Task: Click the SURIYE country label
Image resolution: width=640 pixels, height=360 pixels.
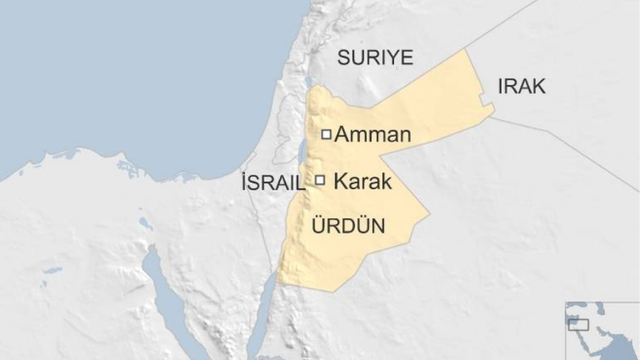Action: point(375,58)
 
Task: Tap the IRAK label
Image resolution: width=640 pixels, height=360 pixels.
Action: point(521,86)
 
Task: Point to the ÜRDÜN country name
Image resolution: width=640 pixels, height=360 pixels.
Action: point(350,225)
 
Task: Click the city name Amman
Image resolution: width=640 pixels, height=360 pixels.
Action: point(372,135)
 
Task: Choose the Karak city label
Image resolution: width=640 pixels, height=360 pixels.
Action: point(363,181)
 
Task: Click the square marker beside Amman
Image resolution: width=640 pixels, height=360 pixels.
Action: point(325,134)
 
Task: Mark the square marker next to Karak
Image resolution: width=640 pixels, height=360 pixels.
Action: point(320,179)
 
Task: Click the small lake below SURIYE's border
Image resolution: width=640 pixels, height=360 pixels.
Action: point(307,82)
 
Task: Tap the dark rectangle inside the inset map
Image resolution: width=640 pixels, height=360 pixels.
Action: point(578,324)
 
